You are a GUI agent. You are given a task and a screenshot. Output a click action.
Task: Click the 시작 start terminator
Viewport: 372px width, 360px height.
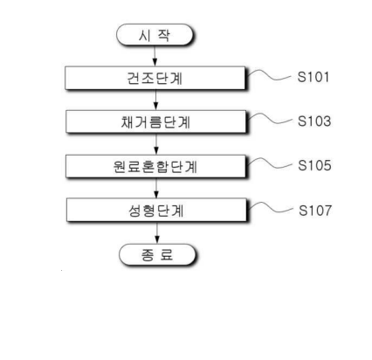[x=155, y=35]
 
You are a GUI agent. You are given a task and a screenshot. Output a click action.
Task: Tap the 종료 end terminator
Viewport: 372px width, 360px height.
[x=157, y=254]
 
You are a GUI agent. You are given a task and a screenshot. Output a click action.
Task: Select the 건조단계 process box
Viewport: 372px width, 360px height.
[x=155, y=78]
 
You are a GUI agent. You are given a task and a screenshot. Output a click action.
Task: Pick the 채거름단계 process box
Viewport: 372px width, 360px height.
[x=155, y=121]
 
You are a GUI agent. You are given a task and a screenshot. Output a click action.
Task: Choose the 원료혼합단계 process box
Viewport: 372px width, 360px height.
[x=155, y=166]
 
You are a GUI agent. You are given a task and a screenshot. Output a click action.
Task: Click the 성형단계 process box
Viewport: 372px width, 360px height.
[x=156, y=210]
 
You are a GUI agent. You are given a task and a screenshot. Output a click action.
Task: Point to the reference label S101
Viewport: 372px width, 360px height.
[x=313, y=77]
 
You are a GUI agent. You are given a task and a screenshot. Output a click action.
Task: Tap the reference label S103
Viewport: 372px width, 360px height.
[x=314, y=121]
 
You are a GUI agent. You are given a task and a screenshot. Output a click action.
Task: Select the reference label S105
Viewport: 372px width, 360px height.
[x=314, y=165]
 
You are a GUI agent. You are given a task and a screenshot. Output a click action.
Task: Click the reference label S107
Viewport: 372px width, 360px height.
[x=315, y=211]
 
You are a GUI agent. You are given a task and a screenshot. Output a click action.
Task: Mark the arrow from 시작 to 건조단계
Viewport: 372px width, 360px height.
[x=155, y=56]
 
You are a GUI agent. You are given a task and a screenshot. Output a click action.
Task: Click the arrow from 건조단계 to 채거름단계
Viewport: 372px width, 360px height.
[x=155, y=100]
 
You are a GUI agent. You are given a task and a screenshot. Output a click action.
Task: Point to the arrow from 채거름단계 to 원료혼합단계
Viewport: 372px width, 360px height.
[x=156, y=144]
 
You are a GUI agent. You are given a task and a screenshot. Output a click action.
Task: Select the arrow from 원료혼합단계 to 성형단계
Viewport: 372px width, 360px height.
[x=156, y=188]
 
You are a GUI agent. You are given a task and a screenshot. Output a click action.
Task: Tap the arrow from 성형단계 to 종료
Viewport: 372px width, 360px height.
[x=157, y=232]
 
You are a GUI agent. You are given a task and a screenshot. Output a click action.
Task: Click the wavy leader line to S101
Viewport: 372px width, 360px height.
[x=269, y=76]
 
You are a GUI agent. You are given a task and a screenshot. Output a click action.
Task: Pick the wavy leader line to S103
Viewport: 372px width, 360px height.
[x=270, y=120]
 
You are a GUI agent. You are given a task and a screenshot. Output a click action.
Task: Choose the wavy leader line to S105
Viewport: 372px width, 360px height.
[x=270, y=164]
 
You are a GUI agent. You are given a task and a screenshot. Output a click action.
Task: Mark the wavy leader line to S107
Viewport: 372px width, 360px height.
[x=271, y=209]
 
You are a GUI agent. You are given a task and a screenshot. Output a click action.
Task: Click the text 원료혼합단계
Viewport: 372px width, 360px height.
[x=155, y=167]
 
